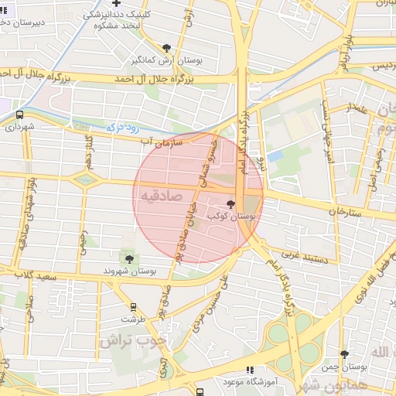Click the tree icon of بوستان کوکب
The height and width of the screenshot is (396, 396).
tap(230, 203)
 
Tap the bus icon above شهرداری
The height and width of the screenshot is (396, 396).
tap(19, 114)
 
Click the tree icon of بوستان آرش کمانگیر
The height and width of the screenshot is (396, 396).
tap(167, 48)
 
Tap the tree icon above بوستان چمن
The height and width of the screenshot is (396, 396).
tap(344, 354)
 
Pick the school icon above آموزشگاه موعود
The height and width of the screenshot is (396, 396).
tap(248, 370)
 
